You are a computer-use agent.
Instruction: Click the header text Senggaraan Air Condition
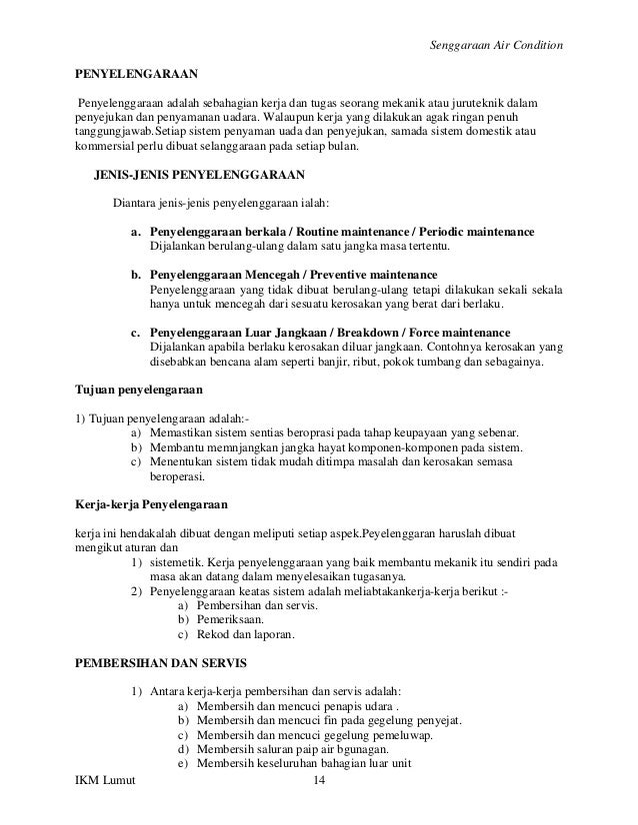click(x=495, y=46)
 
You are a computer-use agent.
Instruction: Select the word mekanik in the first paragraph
click(x=393, y=103)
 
